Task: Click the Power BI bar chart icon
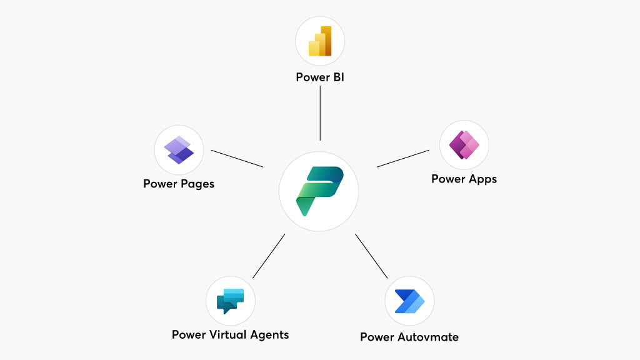(319, 41)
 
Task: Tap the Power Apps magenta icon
(464, 145)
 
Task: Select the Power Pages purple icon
(179, 149)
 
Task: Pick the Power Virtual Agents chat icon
(230, 301)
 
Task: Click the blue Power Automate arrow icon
(409, 301)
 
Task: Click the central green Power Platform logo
(319, 191)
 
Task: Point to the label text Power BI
(320, 77)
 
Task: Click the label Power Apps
(464, 179)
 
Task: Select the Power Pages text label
(179, 184)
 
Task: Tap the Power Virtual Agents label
(230, 334)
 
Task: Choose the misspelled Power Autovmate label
(409, 337)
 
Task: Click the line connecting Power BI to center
(320, 113)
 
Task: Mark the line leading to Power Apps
(403, 158)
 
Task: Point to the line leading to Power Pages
(237, 158)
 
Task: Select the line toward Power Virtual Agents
(269, 256)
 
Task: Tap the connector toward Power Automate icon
(371, 256)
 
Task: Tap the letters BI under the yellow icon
(338, 77)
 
